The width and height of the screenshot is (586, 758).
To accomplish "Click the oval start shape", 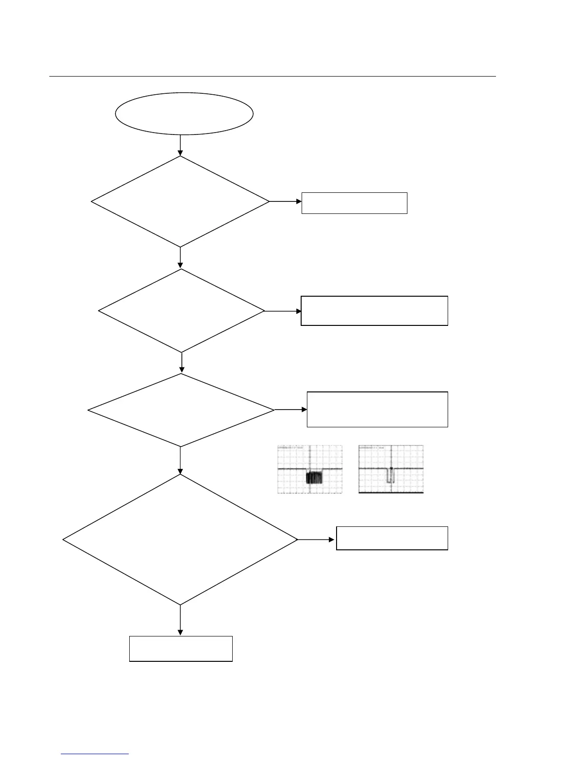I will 184,114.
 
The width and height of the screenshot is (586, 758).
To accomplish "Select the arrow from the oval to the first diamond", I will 180,145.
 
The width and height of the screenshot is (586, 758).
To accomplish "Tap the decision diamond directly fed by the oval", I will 180,201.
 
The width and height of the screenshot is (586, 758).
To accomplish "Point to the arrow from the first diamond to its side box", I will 285,201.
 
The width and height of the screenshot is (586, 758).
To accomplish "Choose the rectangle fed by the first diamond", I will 354,203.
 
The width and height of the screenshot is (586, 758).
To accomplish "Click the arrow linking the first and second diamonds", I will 180,258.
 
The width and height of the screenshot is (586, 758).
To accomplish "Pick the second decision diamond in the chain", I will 181,311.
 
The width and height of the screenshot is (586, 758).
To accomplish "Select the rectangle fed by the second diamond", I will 374,311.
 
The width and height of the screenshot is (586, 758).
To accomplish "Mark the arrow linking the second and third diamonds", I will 181,363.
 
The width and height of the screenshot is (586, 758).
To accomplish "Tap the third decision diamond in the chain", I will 181,410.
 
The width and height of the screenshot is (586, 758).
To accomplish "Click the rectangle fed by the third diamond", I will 377,409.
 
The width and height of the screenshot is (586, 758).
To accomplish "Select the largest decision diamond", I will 180,540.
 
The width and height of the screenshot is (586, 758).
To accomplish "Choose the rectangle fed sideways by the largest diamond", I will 392,538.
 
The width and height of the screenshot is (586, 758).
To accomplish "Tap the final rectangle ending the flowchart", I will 181,649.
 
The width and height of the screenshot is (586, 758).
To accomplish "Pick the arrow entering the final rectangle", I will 180,621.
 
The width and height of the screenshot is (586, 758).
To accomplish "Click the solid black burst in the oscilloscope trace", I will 314,477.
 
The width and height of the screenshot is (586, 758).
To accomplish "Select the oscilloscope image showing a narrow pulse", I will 391,469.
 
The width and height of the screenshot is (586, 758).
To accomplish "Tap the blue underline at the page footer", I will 95,754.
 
